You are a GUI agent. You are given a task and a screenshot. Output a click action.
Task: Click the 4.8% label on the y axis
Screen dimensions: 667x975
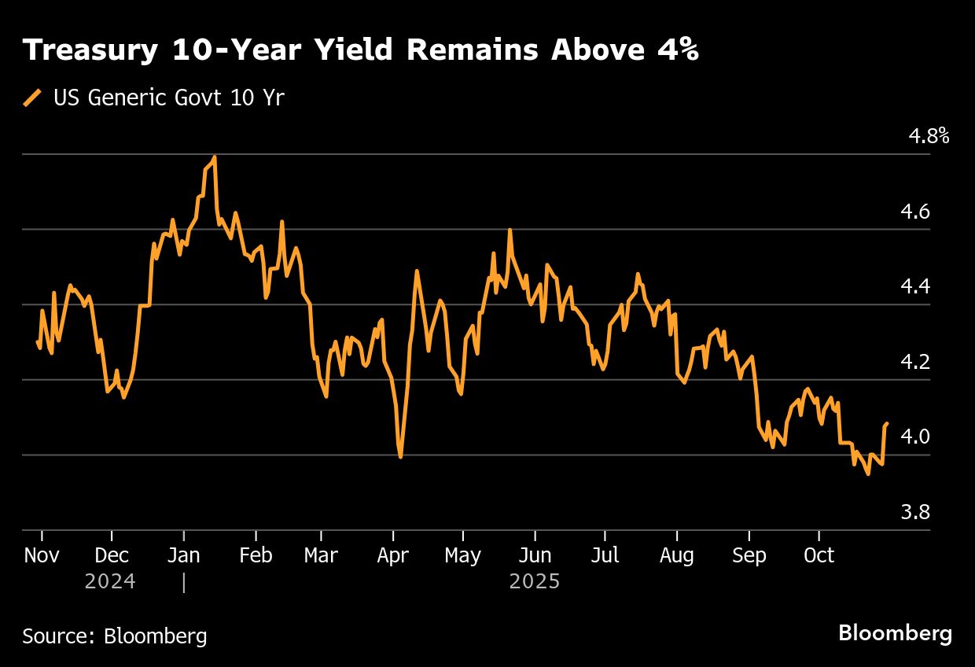929,136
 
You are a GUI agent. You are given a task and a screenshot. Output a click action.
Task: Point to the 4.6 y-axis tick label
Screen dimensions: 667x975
915,212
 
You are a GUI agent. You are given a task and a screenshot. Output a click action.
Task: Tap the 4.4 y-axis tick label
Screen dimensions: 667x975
915,286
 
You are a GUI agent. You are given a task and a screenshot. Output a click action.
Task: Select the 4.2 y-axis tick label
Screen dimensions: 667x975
915,362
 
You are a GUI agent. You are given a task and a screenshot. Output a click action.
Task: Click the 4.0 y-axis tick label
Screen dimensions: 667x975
915,437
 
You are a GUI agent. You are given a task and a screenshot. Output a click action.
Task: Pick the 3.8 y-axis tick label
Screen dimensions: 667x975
915,512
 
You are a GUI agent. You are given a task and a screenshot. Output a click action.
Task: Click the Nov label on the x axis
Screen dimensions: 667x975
42,555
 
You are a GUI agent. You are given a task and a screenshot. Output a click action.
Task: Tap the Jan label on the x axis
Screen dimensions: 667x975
183,555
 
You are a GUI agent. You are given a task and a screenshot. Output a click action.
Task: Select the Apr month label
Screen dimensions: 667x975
392,555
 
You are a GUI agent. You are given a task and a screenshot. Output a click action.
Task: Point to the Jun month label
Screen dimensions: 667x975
535,555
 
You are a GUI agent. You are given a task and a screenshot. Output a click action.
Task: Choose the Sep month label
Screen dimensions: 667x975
749,555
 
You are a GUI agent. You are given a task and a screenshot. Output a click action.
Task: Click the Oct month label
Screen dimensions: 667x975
819,555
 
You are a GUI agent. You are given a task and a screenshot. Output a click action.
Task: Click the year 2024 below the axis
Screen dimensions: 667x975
110,582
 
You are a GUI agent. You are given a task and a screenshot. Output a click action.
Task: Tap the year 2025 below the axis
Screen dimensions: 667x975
535,582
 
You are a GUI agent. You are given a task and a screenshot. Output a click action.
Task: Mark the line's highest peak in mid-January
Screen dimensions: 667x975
215,157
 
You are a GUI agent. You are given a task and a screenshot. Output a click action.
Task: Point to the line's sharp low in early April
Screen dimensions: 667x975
401,457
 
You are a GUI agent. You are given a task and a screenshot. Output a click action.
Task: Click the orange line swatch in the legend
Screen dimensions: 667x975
33,98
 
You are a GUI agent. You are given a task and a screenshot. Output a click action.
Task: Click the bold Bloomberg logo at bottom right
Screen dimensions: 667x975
896,633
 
